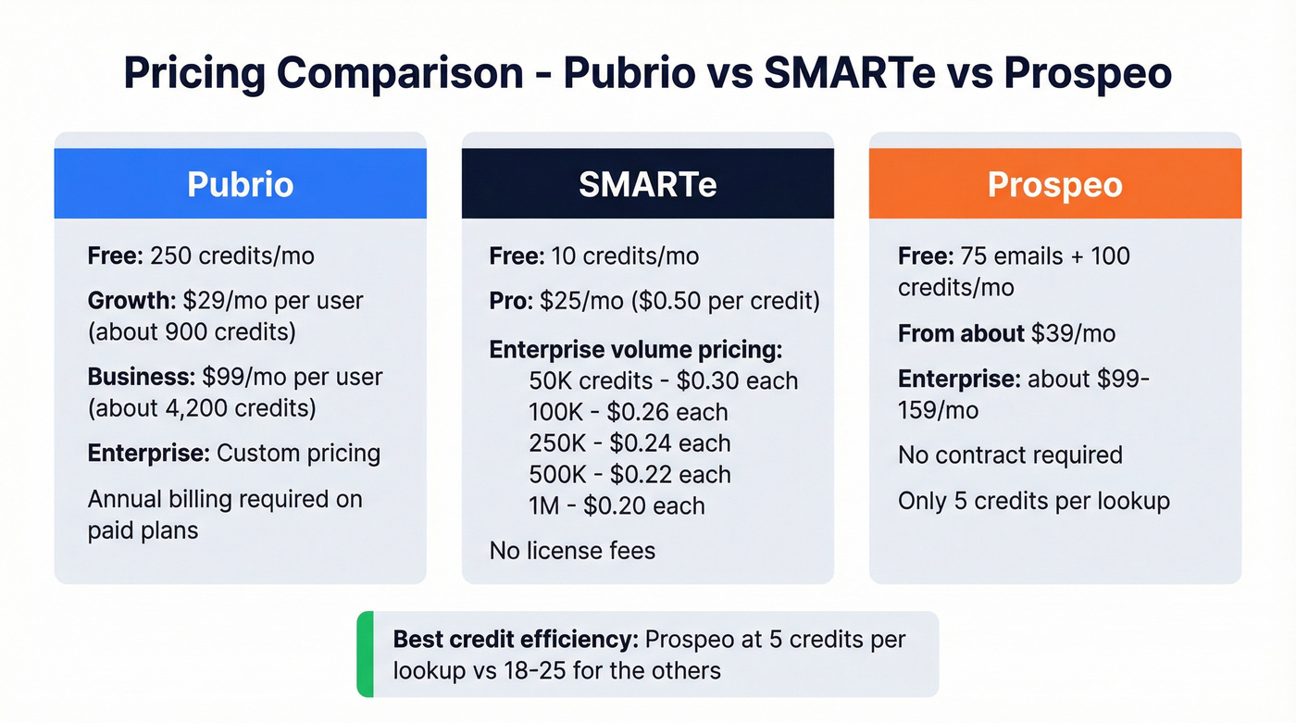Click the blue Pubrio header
pyautogui.click(x=240, y=183)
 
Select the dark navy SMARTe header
pyautogui.click(x=647, y=183)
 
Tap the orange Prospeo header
pyautogui.click(x=1054, y=183)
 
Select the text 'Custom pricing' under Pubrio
pyautogui.click(x=298, y=453)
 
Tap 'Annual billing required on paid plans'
pyautogui.click(x=224, y=514)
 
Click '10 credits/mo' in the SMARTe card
pyautogui.click(x=625, y=256)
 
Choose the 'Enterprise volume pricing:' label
pyautogui.click(x=635, y=350)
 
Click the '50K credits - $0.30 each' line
pyautogui.click(x=663, y=380)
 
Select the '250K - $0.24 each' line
pyautogui.click(x=629, y=443)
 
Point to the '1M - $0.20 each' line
pyautogui.click(x=617, y=505)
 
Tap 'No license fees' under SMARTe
pyautogui.click(x=572, y=551)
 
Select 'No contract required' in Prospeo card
pyautogui.click(x=1010, y=455)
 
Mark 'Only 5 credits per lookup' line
pyautogui.click(x=1033, y=501)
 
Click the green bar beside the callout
pyautogui.click(x=365, y=654)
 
